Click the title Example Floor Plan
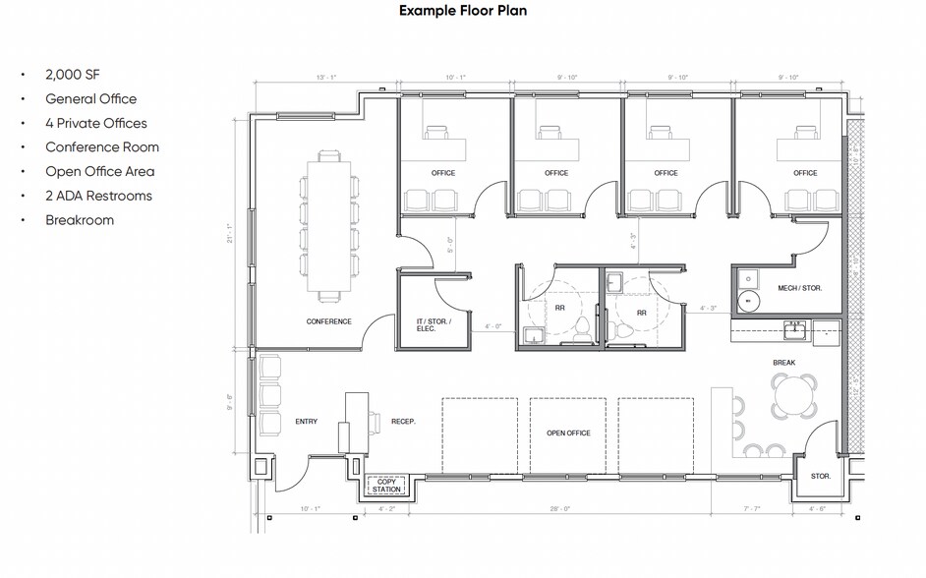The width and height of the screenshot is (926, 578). coord(462,12)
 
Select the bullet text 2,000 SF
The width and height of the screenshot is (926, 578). coord(73,75)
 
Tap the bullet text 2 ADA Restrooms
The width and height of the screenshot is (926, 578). coord(98,196)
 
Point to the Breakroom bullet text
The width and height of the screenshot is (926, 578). coord(80,220)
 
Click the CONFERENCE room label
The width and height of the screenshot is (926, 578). coord(328,321)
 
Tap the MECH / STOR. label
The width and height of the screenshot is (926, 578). coord(799,288)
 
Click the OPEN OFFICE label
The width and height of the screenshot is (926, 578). coord(568,433)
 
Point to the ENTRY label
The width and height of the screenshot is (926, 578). coord(306,422)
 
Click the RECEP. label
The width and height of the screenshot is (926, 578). coord(403,422)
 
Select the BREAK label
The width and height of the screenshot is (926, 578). coord(783,363)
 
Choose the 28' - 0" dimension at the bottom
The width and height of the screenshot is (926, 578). coord(561,509)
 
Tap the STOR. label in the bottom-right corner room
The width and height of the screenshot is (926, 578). coord(821,476)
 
